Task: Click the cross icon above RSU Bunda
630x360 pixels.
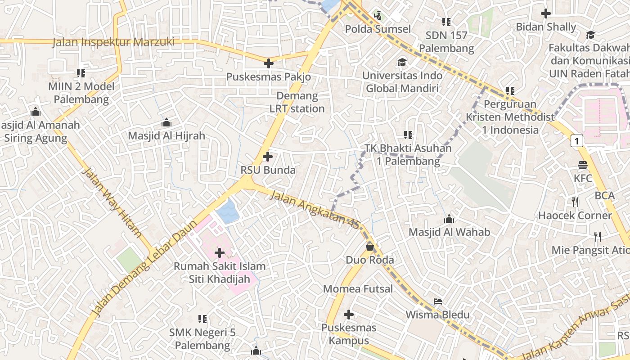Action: pos(268,157)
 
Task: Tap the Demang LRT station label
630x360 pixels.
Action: pos(297,102)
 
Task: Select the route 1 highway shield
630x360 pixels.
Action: pos(577,141)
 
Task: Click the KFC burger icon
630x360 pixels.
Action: pos(583,165)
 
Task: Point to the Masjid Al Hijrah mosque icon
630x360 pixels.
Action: pos(166,122)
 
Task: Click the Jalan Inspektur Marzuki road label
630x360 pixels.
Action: pos(113,42)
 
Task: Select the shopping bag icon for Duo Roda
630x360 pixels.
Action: pos(369,247)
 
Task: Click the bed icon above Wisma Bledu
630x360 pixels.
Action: pos(437,301)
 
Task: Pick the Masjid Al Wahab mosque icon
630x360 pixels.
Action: pos(449,219)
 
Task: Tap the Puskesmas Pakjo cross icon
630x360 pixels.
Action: pos(269,63)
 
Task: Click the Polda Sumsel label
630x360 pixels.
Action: pos(378,29)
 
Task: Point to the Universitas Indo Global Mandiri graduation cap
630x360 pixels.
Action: pos(401,62)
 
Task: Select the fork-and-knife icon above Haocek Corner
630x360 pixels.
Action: pos(575,202)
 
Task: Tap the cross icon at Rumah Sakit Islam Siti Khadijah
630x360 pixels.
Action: pos(220,253)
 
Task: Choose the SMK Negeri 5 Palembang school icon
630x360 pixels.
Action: pos(202,319)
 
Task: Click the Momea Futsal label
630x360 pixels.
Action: pos(358,289)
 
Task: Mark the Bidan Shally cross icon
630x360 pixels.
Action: pos(546,13)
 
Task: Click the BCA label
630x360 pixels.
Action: pos(604,196)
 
